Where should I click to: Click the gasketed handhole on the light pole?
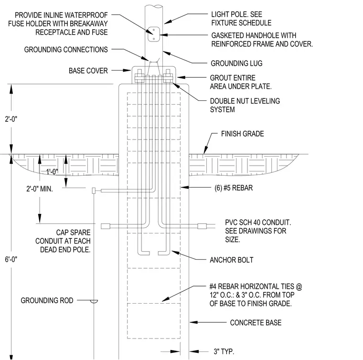(154, 34)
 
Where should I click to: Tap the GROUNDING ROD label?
(47, 300)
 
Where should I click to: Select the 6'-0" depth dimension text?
(11, 259)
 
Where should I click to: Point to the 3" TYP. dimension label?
(224, 351)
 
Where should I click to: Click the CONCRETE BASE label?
(256, 322)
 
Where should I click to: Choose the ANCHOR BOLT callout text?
(232, 260)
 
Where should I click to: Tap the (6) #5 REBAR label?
(234, 188)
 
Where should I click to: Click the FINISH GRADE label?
(242, 134)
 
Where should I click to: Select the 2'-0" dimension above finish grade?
(11, 119)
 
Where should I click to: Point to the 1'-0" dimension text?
(52, 172)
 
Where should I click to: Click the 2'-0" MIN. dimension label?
(40, 189)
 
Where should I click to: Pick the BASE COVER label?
(88, 71)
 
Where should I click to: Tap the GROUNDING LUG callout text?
(236, 63)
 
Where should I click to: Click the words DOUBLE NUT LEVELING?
(245, 101)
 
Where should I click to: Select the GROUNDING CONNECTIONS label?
(66, 50)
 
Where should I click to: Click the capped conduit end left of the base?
(106, 226)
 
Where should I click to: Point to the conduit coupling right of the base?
(202, 226)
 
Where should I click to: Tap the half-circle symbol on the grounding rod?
(94, 301)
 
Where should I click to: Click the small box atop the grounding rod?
(94, 191)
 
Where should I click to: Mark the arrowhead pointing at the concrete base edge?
(193, 322)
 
